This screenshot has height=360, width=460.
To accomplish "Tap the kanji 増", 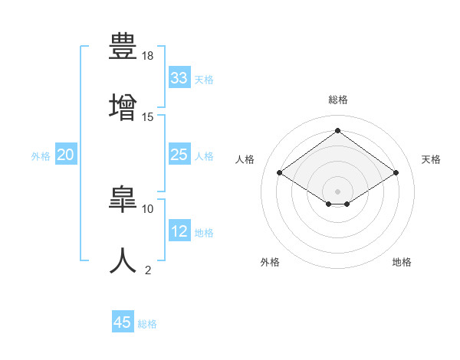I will (x=123, y=105).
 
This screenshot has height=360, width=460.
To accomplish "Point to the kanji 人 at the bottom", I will (x=123, y=259).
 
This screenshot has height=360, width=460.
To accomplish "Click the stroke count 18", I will (x=149, y=56).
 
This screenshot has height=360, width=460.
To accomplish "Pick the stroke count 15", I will (x=149, y=116).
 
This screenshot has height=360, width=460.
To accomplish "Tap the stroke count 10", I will (x=148, y=208).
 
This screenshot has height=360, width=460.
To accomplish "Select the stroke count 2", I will (x=148, y=270).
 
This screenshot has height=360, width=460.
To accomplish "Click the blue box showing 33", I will (x=179, y=78).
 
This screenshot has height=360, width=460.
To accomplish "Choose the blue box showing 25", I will (x=179, y=155).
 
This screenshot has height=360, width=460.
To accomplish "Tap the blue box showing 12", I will (x=179, y=231).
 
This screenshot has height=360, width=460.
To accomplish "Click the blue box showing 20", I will (x=65, y=155).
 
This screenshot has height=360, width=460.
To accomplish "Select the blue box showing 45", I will (x=123, y=322).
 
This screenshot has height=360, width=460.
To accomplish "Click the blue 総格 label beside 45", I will (x=147, y=324).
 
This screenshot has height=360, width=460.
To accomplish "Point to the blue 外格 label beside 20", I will (x=41, y=156).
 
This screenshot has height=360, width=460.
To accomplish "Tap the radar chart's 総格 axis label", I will (x=337, y=100).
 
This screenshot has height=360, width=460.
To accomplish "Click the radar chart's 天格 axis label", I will (x=431, y=159).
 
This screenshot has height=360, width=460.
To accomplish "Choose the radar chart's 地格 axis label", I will (x=402, y=262).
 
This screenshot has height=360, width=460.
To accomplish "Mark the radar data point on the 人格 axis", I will (x=280, y=173).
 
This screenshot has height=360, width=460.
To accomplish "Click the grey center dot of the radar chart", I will (x=337, y=191).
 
